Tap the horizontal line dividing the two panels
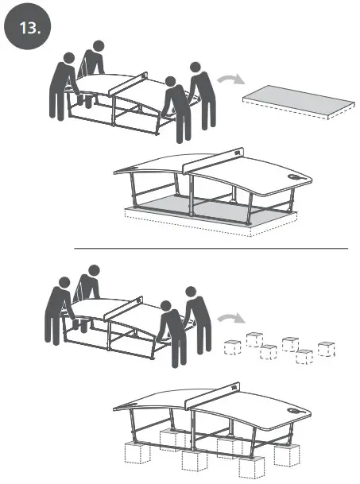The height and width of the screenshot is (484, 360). pyautogui.click(x=211, y=249)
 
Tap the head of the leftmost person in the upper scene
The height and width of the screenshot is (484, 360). pyautogui.click(x=69, y=59)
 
